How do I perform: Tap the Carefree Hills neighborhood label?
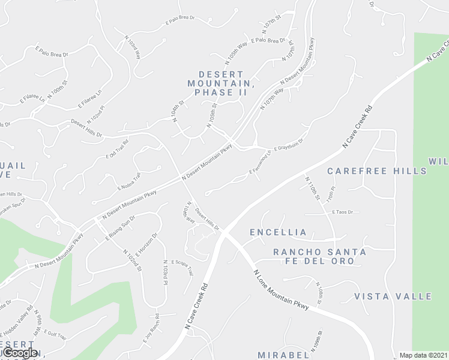(377, 171)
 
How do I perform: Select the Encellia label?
(279, 232)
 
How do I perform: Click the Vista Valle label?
(393, 296)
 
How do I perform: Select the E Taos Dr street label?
(341, 212)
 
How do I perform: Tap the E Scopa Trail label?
(182, 268)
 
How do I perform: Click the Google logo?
(20, 353)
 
